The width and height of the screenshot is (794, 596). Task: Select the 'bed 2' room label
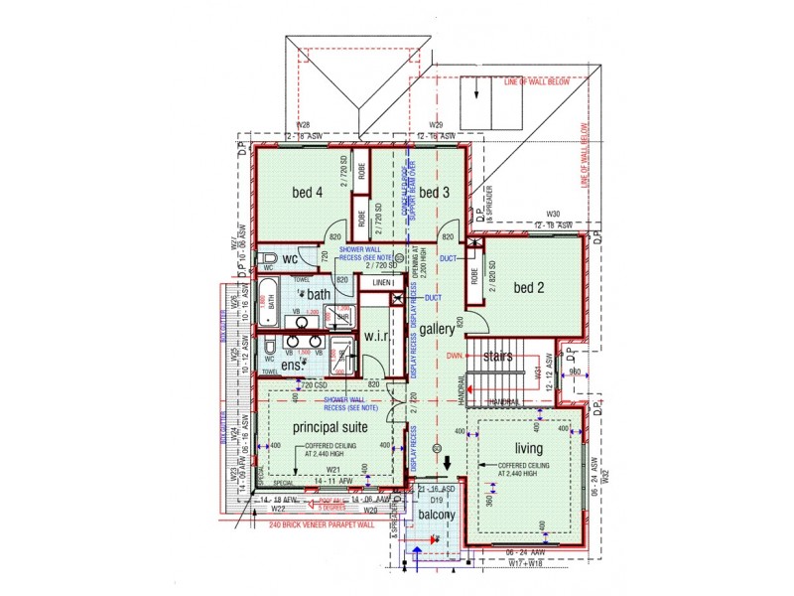click(x=530, y=287)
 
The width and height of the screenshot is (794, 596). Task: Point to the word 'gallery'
click(x=437, y=328)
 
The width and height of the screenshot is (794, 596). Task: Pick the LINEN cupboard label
click(x=377, y=284)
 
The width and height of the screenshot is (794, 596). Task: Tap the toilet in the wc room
click(x=268, y=260)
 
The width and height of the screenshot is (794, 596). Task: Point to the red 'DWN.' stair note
click(x=455, y=354)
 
